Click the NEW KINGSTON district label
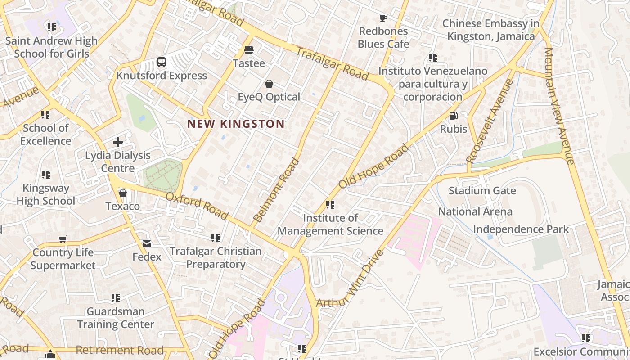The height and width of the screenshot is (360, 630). [x=236, y=124]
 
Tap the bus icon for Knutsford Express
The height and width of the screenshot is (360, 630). [x=162, y=63]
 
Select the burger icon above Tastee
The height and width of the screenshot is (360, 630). [x=248, y=50]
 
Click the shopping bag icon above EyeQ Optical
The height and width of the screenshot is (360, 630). [x=269, y=84]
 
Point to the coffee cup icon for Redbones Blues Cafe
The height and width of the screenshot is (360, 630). [x=383, y=18]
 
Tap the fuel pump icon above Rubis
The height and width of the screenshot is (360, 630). [x=453, y=116]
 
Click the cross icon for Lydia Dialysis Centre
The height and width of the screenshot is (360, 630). [x=118, y=142]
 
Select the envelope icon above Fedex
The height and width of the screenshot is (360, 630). [x=147, y=244]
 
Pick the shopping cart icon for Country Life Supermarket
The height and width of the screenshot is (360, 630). [x=63, y=239]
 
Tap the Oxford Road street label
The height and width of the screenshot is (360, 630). [x=197, y=206]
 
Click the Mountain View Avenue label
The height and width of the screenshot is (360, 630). [x=559, y=106]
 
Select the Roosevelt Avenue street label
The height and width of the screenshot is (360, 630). [x=490, y=121]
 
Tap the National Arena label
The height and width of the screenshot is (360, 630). [x=475, y=211]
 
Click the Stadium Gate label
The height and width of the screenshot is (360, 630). [x=482, y=191]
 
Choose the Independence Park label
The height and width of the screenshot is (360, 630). [x=521, y=229]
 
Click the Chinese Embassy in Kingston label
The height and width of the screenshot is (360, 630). [x=490, y=30]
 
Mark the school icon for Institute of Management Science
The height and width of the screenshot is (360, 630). [x=330, y=205]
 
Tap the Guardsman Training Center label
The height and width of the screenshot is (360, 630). [x=116, y=318]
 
